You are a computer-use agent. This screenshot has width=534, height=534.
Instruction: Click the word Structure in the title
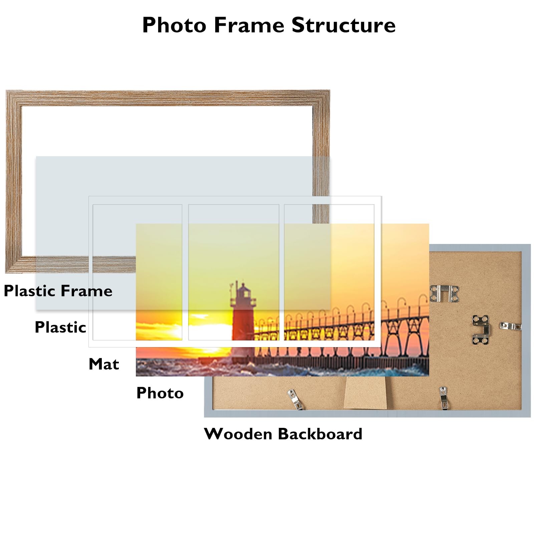[343, 25]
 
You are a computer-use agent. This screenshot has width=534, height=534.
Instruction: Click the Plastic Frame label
[58, 291]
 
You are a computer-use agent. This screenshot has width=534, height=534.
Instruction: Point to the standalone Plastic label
[60, 327]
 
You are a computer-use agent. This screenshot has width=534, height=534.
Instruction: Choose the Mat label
[104, 364]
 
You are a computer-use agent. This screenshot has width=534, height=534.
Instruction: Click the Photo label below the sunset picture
[160, 393]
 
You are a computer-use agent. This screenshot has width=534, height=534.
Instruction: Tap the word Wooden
[238, 434]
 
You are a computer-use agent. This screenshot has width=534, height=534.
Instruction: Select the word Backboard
[320, 434]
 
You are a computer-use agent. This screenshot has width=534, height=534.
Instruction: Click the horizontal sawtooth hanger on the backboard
[444, 293]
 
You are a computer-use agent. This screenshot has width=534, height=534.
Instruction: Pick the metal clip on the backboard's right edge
[510, 326]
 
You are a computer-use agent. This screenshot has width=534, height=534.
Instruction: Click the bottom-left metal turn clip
[295, 399]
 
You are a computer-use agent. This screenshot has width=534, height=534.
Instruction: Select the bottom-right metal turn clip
[443, 397]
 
